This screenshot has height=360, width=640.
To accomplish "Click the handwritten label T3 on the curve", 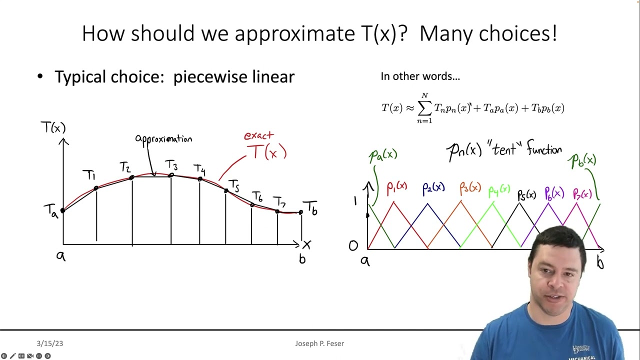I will point(171,165).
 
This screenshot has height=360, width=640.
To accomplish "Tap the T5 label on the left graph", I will point(234,186).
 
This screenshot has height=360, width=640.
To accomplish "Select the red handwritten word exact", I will point(258,135).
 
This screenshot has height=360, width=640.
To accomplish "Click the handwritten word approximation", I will point(163,139).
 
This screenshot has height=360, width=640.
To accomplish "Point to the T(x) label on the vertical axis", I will point(53,128).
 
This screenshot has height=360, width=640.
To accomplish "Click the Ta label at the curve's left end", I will point(50,210).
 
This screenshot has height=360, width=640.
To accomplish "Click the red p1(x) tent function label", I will point(397,187).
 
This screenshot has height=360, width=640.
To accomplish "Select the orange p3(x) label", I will point(470,188).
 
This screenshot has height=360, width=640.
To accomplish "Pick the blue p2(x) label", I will point(433,188).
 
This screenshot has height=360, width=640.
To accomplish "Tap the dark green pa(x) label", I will point(383,155).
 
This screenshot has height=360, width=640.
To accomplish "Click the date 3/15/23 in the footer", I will point(49,343).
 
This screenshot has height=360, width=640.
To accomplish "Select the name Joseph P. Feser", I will point(319,343).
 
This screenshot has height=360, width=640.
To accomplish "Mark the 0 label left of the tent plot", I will point(353,245).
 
